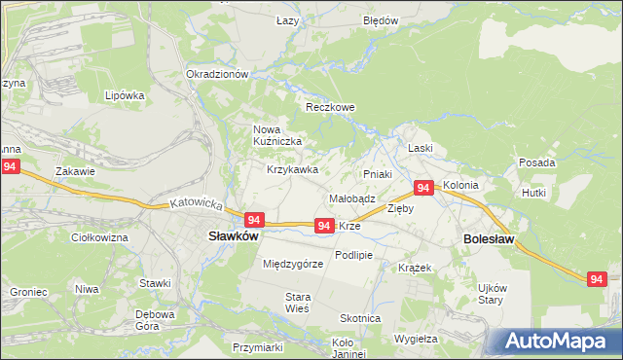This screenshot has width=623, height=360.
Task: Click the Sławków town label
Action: tap(232, 235)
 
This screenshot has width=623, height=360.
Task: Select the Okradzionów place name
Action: tap(217, 75)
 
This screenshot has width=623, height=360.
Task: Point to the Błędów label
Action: tap(381, 20)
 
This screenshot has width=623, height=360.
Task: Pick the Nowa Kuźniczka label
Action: tap(277, 135)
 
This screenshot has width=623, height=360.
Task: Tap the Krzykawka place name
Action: tap(293, 169)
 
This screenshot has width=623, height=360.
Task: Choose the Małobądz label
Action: tap(352, 198)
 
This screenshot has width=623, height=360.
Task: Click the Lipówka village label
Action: tap(125, 96)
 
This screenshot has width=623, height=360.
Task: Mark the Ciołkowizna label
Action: tap(100, 237)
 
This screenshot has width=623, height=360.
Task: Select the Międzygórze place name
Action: tap(292, 264)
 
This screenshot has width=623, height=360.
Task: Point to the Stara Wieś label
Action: tap(297, 303)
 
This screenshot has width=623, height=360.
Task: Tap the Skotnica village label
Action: tap(360, 318)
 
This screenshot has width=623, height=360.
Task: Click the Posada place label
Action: tap(537, 162)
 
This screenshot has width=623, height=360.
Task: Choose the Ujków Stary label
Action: tap(491, 294)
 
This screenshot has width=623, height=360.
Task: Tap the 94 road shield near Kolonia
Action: tap(423, 187)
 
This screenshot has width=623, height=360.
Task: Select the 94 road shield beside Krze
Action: tap(325, 226)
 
